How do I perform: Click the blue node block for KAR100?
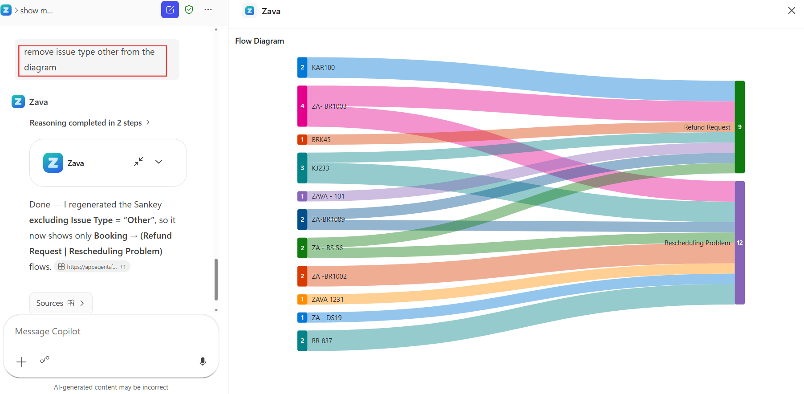coord(302,68)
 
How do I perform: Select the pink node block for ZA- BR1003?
coord(302,106)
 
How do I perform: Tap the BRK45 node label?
coord(321,140)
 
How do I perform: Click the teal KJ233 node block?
coord(302,168)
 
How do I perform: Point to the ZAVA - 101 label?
coord(328,196)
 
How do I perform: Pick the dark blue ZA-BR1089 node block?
coord(302,219)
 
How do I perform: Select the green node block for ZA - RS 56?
coord(302,248)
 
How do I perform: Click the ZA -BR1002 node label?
coord(329,276)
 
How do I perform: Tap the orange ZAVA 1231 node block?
coord(302,300)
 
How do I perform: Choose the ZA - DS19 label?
coord(327,318)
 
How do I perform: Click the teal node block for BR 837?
coord(302,341)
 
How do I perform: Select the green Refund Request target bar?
coord(739,127)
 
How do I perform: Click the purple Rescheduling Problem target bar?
coord(739,243)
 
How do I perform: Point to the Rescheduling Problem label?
coord(697,243)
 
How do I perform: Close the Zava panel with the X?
coord(792,11)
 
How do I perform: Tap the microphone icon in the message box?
coord(203,362)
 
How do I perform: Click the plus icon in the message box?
coord(21,362)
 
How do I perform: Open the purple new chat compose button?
coord(170,10)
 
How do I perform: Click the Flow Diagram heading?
coord(260,41)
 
